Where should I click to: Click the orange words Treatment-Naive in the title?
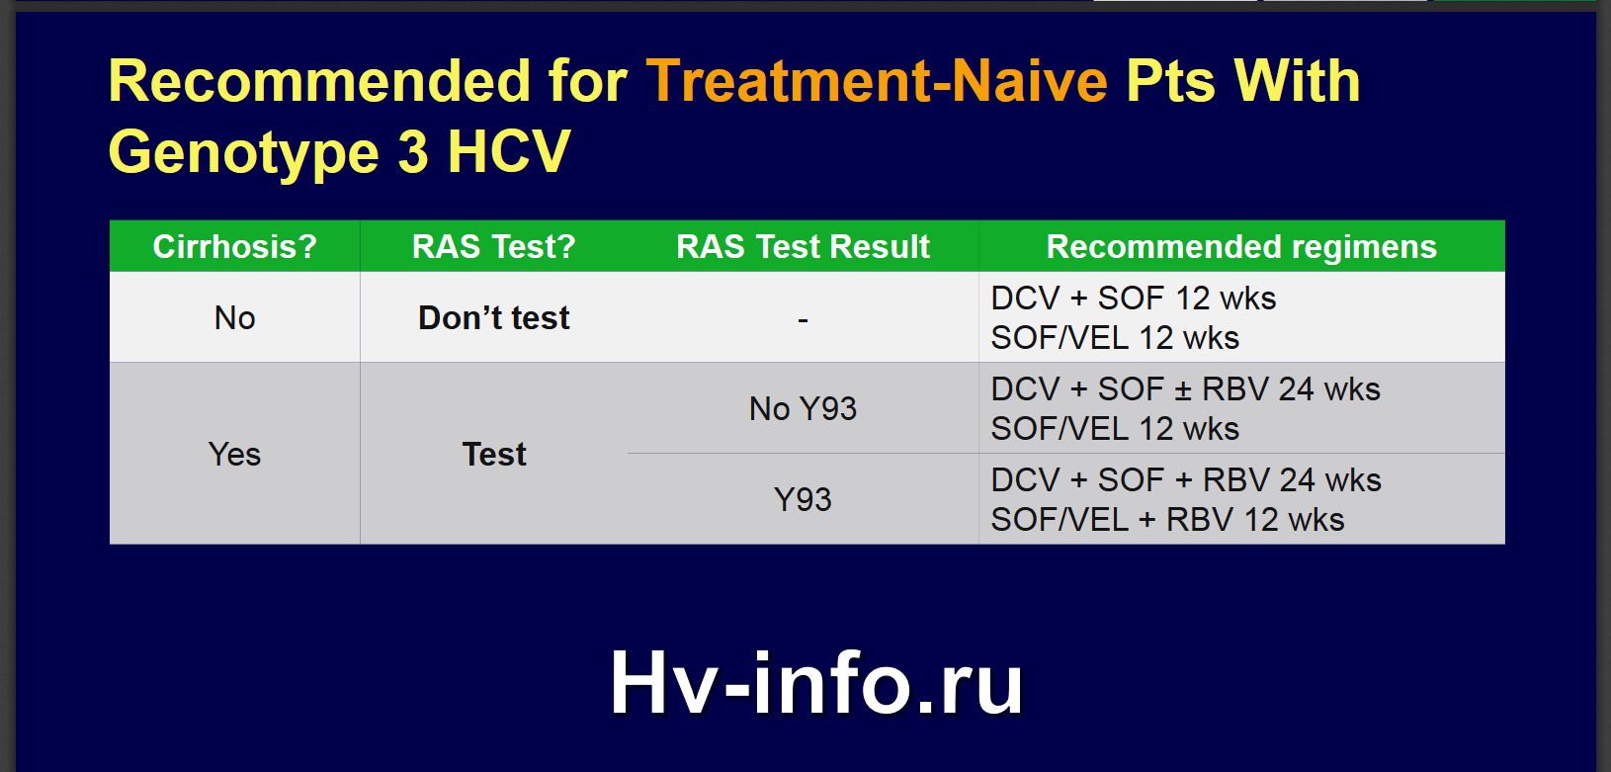[x=877, y=81]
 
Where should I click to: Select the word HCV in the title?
[x=509, y=152]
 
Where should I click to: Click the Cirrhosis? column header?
[x=234, y=247]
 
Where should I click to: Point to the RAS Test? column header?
[x=494, y=247]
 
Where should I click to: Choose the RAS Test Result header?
[x=803, y=247]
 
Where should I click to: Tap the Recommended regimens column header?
[x=1241, y=247]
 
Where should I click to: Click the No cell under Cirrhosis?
[x=234, y=318]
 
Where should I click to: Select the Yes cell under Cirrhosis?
[x=234, y=454]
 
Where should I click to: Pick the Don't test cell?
[x=494, y=318]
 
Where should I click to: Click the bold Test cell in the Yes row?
[x=494, y=454]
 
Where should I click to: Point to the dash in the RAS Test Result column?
[x=803, y=318]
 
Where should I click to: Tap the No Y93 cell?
[x=803, y=408]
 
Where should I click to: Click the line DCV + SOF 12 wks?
[x=1134, y=298]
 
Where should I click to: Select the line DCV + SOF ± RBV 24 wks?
[x=1185, y=389]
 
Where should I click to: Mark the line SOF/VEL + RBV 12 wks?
[x=1167, y=520]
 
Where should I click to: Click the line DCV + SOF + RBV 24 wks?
[x=1186, y=479]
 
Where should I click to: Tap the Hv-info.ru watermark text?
[x=816, y=682]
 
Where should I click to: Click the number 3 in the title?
[x=413, y=152]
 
